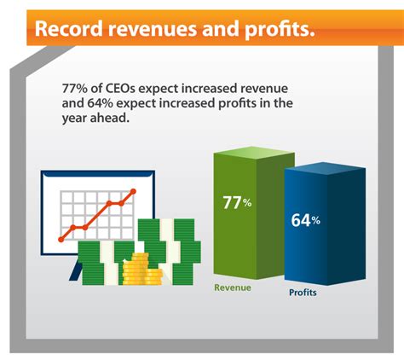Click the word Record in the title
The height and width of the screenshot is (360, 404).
(x=68, y=29)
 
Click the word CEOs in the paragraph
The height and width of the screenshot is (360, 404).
(x=121, y=89)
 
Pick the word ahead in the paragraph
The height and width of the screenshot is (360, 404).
(x=110, y=118)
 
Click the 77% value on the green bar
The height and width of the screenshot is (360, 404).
(x=237, y=203)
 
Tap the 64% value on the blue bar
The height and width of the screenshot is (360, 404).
(x=305, y=220)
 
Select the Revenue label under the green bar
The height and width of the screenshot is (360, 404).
(x=233, y=287)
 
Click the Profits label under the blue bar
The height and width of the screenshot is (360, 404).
(x=303, y=293)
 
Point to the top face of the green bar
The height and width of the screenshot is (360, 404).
(x=254, y=153)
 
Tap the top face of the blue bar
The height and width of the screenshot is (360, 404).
(x=325, y=168)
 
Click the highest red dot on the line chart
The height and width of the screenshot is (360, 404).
(x=133, y=191)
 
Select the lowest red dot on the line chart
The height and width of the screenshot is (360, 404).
(x=61, y=240)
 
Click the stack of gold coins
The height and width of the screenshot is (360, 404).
(x=142, y=269)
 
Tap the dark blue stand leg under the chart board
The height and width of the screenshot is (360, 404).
(x=76, y=270)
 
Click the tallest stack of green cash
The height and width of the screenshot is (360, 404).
(x=170, y=252)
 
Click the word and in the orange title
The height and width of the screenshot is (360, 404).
(x=220, y=29)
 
